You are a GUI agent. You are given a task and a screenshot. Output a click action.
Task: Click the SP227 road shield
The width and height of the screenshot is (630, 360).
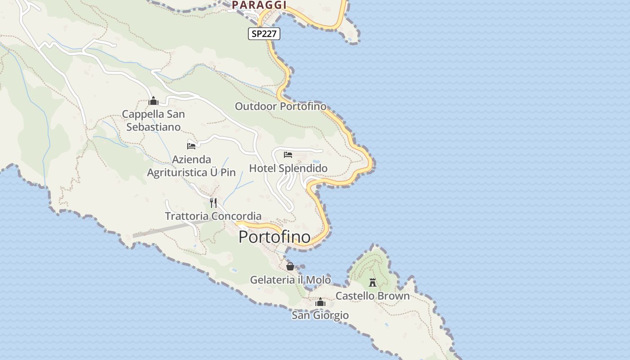264,34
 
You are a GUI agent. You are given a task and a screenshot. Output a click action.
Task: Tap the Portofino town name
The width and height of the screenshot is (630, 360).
274,237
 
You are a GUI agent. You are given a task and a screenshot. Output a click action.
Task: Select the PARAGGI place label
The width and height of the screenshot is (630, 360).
259,5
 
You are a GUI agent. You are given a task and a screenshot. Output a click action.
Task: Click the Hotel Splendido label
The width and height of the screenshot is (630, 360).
288,168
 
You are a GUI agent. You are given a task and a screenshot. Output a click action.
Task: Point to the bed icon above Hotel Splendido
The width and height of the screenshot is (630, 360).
288,155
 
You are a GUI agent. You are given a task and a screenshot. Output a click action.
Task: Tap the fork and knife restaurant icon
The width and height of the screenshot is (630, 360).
213,203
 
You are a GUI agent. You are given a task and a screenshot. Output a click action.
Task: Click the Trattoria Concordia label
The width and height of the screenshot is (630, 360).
213,216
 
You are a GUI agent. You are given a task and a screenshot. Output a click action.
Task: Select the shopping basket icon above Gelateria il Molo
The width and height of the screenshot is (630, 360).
290,266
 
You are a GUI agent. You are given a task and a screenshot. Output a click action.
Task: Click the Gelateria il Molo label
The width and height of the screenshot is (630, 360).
290,280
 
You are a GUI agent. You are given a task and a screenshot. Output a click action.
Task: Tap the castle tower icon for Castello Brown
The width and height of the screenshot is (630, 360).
373,283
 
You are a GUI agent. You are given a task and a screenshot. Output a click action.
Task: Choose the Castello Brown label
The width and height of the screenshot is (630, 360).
373,296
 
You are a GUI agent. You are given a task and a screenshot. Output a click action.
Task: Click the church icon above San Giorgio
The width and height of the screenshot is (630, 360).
320,302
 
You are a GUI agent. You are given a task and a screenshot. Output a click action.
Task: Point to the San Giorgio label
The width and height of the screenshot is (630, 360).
320,315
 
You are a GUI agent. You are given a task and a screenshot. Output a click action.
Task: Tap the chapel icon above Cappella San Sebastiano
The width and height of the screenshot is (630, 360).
153,101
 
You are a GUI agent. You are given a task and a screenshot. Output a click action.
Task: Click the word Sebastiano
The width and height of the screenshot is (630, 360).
153,127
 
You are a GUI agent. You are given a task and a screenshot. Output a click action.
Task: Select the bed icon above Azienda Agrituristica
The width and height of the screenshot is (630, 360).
191,146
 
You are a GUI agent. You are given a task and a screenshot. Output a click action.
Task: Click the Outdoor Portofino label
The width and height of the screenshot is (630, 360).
280,107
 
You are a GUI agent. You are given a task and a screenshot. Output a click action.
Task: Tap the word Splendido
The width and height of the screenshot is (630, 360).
302,168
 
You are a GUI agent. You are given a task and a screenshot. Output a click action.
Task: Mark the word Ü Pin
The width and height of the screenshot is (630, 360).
223,173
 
